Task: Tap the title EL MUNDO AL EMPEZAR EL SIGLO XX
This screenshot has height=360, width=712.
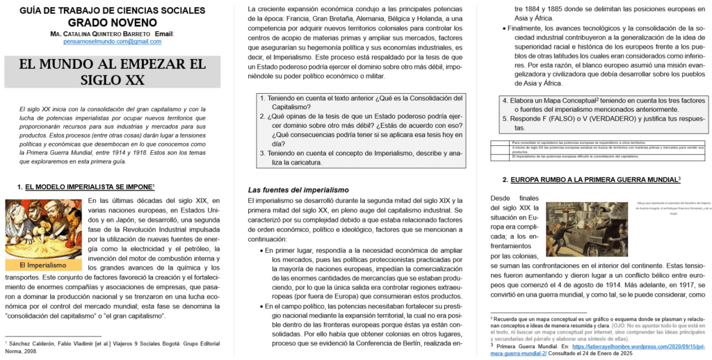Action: pyautogui.click(x=113, y=72)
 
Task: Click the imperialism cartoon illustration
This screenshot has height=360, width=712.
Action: pyautogui.click(x=43, y=229)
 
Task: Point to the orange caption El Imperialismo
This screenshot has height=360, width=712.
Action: pyautogui.click(x=43, y=265)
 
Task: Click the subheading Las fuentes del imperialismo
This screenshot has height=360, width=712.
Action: pyautogui.click(x=299, y=190)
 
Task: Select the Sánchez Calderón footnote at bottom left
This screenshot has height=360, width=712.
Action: pyautogui.click(x=111, y=346)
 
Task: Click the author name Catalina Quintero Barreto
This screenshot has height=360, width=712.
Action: pyautogui.click(x=101, y=33)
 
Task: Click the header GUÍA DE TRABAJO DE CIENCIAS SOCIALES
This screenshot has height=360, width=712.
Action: pyautogui.click(x=112, y=10)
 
